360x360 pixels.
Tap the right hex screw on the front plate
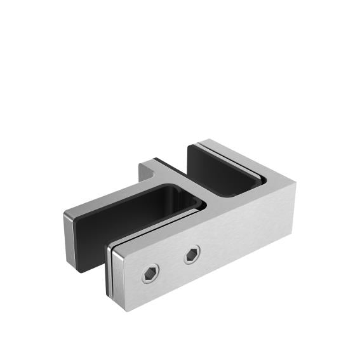click(192, 255)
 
